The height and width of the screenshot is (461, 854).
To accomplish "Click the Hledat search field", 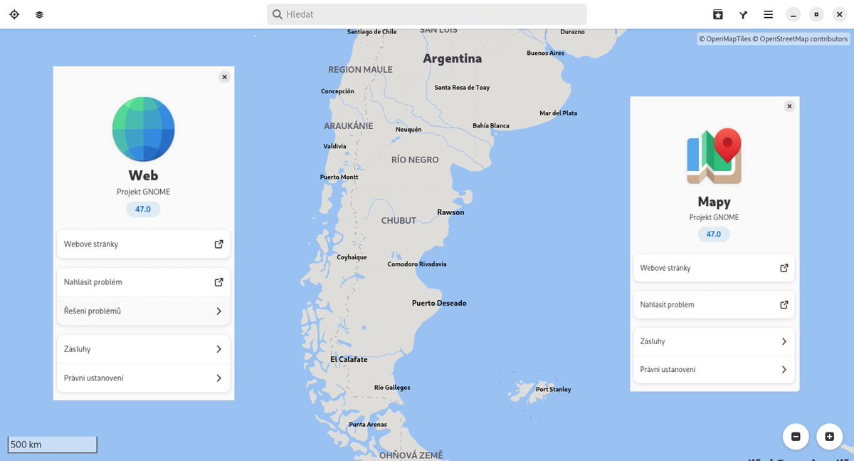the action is pos(427,14).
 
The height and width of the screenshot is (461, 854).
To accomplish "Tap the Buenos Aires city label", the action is pos(545,53).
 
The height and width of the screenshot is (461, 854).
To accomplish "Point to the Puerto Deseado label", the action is pos(439,304).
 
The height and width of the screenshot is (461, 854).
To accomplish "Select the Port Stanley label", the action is pos(553,390).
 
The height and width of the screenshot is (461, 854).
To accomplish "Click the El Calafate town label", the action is pos(349,360).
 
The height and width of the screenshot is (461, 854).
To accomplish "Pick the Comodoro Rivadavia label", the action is pos(416,264).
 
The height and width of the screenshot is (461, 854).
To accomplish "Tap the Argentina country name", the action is pos(452,58).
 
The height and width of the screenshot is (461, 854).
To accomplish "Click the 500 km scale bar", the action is pos(52,445).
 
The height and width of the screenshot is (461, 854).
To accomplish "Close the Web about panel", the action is pos(224,77).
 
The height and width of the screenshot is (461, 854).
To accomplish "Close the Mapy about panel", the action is pos(789,106).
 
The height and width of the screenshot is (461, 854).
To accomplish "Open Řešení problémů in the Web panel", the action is pos(143,311).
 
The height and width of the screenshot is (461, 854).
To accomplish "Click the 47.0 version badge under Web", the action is pos(143,209).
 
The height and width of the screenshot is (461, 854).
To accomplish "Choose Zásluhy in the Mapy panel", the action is pos(713,342).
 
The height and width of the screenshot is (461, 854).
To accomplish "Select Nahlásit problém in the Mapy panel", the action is pos(713,305).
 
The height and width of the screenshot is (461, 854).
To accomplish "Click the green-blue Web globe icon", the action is pos(143,128).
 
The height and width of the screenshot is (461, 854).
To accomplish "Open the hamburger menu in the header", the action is pos(769,14).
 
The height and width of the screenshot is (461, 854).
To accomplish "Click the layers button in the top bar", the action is pos(39,14).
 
